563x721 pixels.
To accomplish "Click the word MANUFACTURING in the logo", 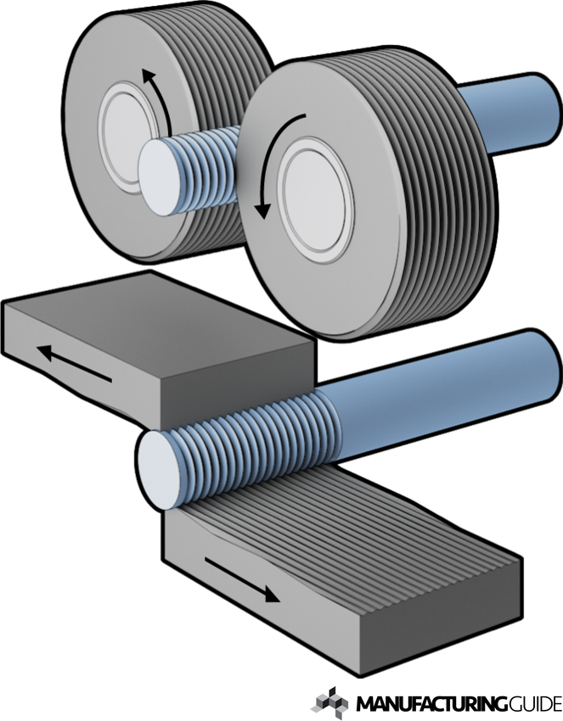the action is pos(431,703).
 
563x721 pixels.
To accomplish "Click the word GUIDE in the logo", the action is pos(534,703).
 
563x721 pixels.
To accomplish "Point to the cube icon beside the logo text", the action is pos(329,702).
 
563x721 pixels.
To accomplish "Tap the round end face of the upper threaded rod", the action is pos(158,178).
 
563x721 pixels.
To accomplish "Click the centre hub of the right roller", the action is pos(316,199).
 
